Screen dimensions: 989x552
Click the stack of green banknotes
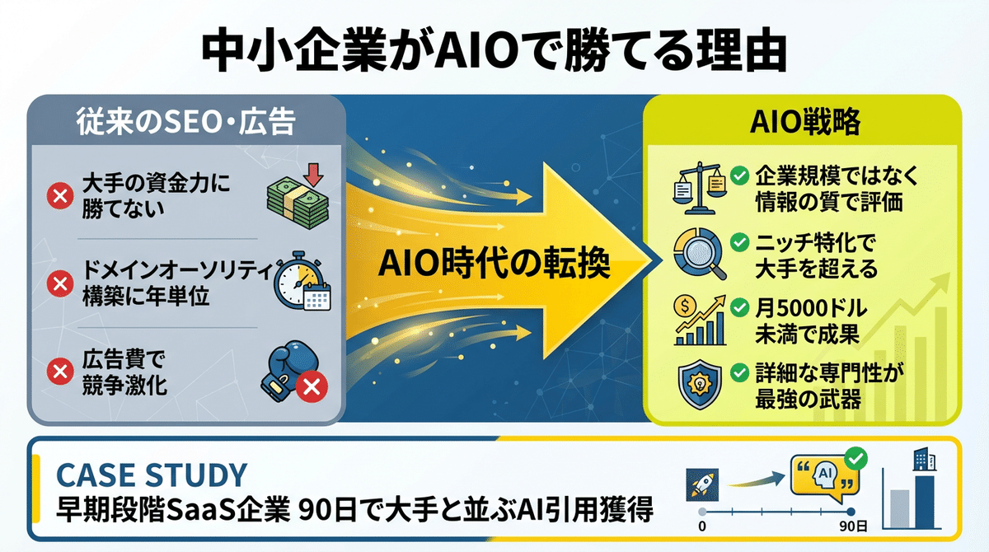click(x=298, y=203)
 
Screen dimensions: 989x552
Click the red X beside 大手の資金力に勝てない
click(x=60, y=195)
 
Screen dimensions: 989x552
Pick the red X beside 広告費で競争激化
click(x=60, y=371)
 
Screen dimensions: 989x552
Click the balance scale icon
click(x=700, y=189)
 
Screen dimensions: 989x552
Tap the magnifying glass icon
click(x=701, y=254)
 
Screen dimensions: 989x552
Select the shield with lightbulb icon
click(x=700, y=384)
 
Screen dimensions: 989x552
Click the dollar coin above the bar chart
click(x=685, y=306)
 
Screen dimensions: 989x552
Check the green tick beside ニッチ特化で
click(x=739, y=242)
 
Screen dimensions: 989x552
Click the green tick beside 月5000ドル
click(x=739, y=307)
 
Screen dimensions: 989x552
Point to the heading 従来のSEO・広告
click(x=186, y=121)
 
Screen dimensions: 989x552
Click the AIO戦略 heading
click(x=805, y=121)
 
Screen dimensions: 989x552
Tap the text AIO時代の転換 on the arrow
click(x=494, y=264)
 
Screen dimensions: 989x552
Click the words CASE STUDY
click(x=152, y=475)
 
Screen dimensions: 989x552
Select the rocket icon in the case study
click(x=702, y=484)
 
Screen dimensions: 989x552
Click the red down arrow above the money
click(x=313, y=175)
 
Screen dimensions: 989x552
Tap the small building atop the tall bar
click(x=925, y=460)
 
